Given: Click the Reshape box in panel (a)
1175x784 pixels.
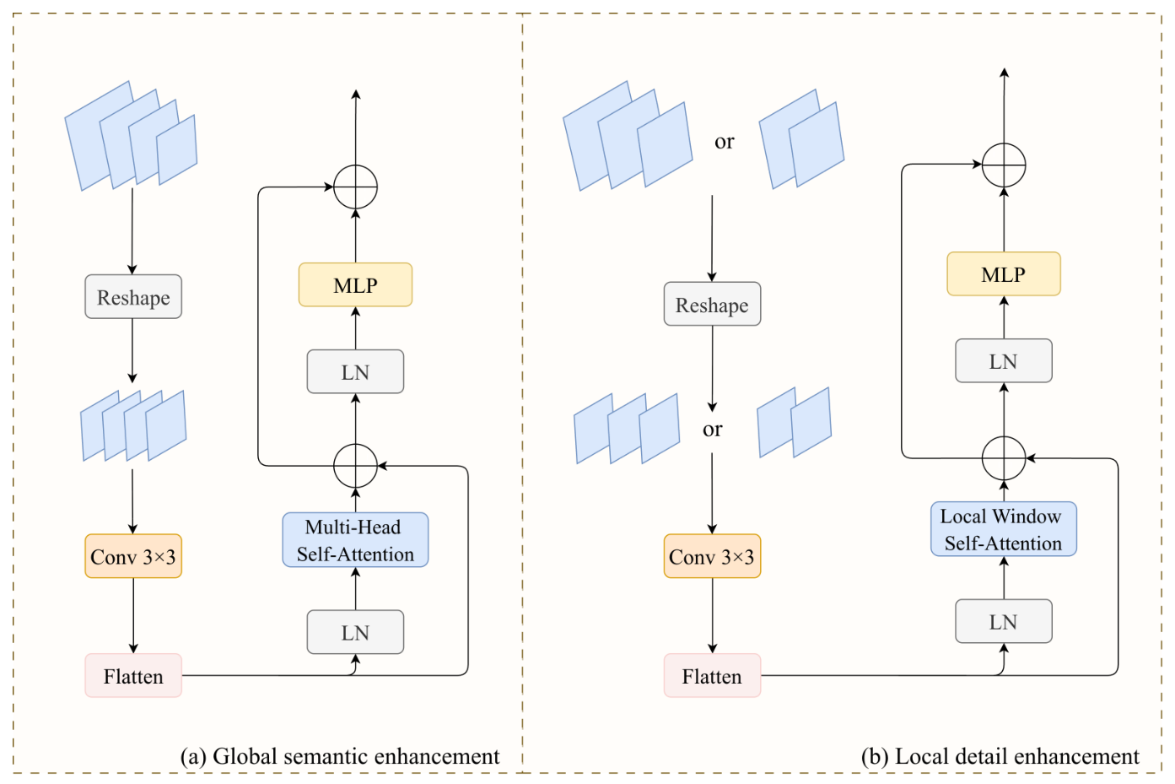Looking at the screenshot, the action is point(133,296).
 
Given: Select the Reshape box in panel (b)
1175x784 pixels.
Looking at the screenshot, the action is point(712,304).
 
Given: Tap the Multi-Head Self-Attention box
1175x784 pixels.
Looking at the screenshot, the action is point(355,540).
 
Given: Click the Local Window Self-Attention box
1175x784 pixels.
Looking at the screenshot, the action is point(1004,529).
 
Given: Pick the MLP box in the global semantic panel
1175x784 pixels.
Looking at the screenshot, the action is point(355,284).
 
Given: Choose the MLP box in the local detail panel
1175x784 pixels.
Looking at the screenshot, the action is point(1004,274).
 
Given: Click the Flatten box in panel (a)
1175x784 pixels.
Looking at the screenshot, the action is point(133,675).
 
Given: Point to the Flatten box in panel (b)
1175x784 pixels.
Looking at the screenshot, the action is point(712,675).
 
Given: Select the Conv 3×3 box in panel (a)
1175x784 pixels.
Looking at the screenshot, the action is point(133,556).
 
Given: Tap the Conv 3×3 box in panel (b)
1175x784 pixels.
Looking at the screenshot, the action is point(712,556).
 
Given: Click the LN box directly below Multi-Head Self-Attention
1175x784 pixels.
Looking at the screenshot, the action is point(355,632).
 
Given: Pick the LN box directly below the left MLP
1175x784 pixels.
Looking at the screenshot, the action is point(355,371).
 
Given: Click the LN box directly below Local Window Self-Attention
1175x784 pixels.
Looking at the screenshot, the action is point(1004,621).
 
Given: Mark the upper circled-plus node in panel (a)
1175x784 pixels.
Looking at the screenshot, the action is point(356,187).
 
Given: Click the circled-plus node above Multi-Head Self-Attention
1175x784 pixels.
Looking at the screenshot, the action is point(356,466).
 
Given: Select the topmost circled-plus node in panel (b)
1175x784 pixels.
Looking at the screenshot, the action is point(1004,165).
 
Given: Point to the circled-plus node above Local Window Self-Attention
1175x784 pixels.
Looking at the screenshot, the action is point(1004,458).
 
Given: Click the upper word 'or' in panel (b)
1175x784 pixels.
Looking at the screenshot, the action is point(725,142).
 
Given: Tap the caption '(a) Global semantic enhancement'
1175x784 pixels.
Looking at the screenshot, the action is point(340,756).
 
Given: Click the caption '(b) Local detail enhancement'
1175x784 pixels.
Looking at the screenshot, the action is point(1000,756).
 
